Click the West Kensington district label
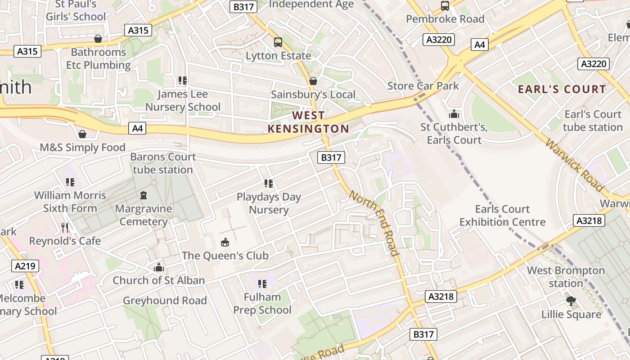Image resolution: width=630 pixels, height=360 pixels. pyautogui.click(x=308, y=122)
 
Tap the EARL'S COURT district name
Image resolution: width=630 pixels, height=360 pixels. pyautogui.click(x=562, y=89)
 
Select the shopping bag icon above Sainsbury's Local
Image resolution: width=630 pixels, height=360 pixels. pyautogui.click(x=313, y=81)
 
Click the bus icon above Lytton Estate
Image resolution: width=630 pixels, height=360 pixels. pyautogui.click(x=278, y=42)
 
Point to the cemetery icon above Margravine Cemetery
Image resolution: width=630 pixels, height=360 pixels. pyautogui.click(x=144, y=195)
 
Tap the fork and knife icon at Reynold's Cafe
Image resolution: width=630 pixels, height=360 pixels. pyautogui.click(x=65, y=227)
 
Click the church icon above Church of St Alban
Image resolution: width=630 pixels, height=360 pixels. pyautogui.click(x=158, y=267)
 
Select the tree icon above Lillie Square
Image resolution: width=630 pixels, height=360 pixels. pyautogui.click(x=571, y=301)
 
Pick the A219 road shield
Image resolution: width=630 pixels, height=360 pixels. pyautogui.click(x=25, y=266)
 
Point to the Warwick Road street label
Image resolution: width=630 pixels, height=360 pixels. pyautogui.click(x=574, y=165)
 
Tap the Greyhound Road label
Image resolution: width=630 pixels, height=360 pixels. pyautogui.click(x=165, y=301)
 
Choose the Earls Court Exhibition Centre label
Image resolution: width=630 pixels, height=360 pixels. pyautogui.click(x=502, y=216)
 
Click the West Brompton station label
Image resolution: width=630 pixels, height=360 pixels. pyautogui.click(x=566, y=277)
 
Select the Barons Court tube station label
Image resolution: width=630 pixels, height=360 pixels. pyautogui.click(x=163, y=163)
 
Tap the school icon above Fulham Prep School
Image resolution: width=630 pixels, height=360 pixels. pyautogui.click(x=262, y=283)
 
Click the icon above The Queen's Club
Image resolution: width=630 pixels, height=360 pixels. pyautogui.click(x=225, y=243)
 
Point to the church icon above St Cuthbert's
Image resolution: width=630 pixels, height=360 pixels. pyautogui.click(x=454, y=114)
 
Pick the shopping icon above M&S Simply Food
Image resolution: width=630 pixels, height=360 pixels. pyautogui.click(x=82, y=134)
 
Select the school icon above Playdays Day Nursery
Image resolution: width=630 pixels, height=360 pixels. pyautogui.click(x=269, y=183)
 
